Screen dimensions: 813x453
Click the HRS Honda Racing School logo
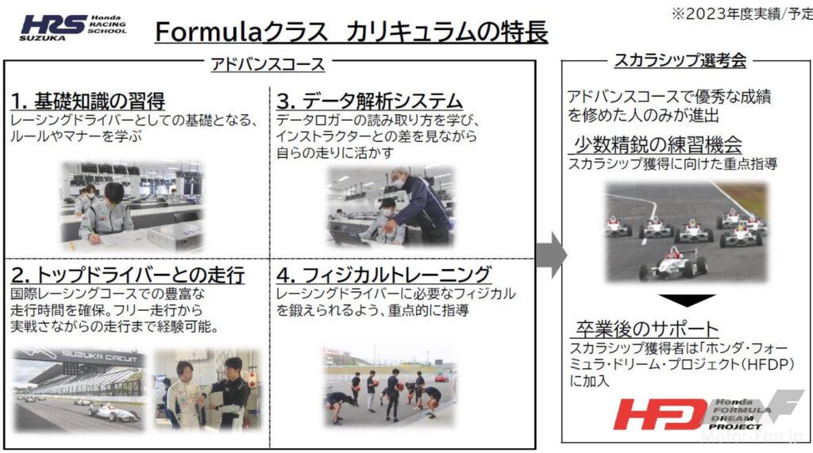click(x=73, y=28)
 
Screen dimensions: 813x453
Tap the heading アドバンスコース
click(x=268, y=64)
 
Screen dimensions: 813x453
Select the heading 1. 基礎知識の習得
click(x=88, y=101)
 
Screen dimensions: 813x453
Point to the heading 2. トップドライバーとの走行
click(x=128, y=274)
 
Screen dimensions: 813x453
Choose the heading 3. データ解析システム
click(x=369, y=101)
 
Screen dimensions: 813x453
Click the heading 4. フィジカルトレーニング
click(x=383, y=274)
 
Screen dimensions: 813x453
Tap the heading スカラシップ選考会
click(x=680, y=60)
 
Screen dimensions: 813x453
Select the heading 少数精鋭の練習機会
click(x=657, y=144)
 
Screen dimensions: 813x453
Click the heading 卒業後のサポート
click(x=647, y=329)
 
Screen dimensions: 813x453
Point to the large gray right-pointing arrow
click(x=551, y=255)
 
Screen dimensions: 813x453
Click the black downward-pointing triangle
click(x=687, y=301)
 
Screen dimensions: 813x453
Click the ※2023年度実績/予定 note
click(x=742, y=14)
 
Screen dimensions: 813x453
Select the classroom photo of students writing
click(x=133, y=206)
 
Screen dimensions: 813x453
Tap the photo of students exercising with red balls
click(x=389, y=385)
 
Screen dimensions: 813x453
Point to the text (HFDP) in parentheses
click(x=768, y=364)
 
